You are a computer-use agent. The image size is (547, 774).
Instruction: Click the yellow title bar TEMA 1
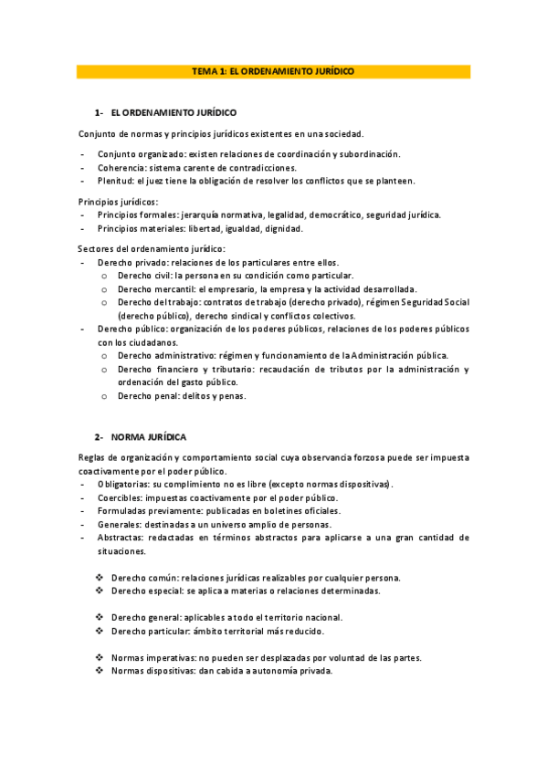(273, 70)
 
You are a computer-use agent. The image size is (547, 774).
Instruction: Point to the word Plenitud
(116, 181)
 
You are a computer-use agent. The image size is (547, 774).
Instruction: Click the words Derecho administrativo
(165, 355)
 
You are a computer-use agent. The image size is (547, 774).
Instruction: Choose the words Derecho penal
(146, 396)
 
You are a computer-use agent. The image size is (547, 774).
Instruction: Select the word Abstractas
(120, 538)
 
